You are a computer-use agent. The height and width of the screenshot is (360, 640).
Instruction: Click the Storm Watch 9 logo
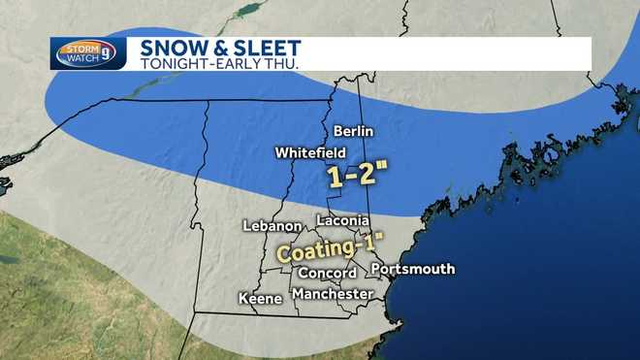click(x=88, y=53)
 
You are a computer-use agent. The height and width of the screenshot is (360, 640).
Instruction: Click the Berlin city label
click(x=353, y=131)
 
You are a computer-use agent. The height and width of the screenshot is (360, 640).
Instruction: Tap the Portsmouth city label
click(x=412, y=269)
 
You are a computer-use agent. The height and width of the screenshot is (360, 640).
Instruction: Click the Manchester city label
click(x=333, y=293)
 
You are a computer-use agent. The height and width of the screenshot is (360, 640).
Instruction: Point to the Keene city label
click(x=261, y=298)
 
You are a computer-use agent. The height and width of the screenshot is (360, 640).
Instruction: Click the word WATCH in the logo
click(x=80, y=58)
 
